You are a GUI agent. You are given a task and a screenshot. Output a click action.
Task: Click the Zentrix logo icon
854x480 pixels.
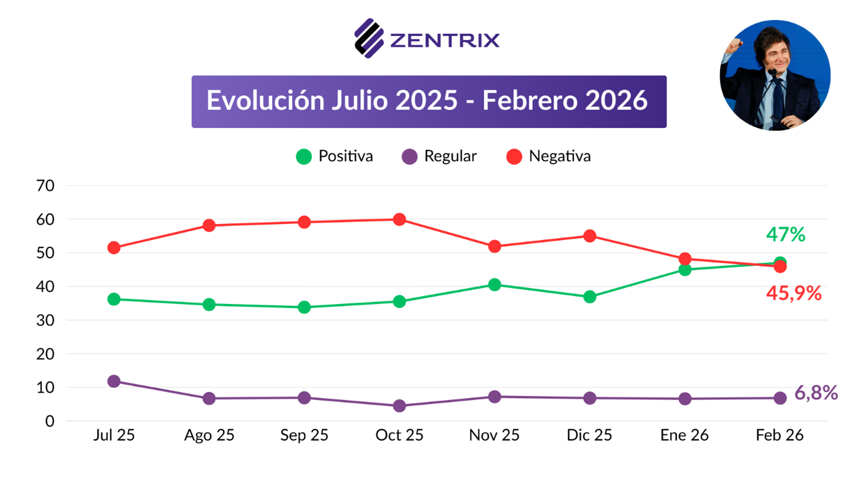[369, 38]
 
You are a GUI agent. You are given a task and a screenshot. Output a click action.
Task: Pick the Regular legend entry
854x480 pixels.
[440, 156]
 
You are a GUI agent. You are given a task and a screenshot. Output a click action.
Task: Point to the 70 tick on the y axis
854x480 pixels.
[45, 186]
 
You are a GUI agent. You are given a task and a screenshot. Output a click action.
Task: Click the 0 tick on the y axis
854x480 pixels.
[50, 421]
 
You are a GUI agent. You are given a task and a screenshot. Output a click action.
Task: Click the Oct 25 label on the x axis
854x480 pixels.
[399, 435]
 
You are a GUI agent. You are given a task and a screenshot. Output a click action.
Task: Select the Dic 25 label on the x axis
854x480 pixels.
[589, 435]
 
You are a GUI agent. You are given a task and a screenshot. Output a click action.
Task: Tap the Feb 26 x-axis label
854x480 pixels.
[780, 435]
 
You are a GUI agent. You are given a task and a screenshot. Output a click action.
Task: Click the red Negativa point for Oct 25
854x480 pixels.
[400, 219]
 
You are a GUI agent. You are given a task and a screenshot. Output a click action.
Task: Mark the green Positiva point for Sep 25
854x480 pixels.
[304, 307]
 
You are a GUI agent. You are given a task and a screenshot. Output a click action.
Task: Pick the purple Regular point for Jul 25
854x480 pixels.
[114, 381]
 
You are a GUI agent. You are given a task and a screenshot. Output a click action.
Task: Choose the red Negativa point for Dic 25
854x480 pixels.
[590, 236]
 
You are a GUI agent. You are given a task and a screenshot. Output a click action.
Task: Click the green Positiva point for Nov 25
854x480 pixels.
[494, 285]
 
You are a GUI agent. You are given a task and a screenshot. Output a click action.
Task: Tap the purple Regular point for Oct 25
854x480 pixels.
[400, 406]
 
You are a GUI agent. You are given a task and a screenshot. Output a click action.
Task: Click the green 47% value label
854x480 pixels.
[785, 234]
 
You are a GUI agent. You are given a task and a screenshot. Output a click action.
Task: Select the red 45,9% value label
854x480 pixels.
[793, 294]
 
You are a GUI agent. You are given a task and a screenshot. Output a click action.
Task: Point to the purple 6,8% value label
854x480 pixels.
[816, 393]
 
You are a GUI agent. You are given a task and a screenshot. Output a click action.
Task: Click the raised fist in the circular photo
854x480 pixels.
[734, 45]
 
